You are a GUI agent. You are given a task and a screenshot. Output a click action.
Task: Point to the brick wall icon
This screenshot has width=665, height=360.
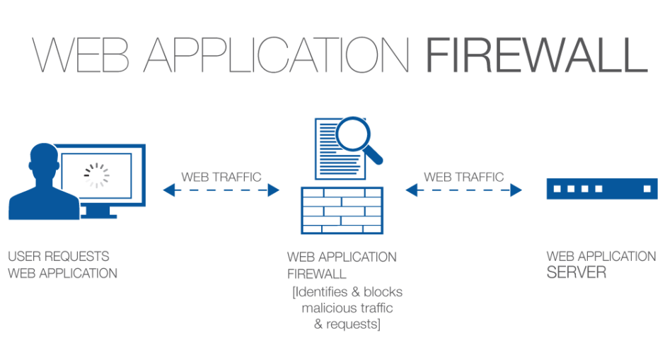point(342,210)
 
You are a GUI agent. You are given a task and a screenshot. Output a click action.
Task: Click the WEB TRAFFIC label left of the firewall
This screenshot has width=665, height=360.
point(221,175)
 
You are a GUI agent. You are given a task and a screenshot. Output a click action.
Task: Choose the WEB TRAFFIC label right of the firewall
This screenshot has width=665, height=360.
point(463,175)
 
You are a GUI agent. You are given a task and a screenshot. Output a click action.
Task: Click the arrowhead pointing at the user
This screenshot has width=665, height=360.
point(168,190)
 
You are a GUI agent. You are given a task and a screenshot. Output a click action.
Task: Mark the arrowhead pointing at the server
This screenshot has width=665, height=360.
point(517,190)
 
